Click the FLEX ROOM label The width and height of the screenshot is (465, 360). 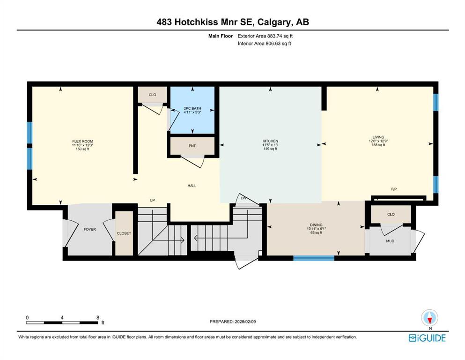(82, 141)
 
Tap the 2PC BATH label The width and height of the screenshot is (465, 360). (192, 108)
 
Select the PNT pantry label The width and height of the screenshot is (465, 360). (192, 146)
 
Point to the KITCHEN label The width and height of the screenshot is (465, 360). (270, 141)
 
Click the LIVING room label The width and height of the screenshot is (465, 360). (378, 137)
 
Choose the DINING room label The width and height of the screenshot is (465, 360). (316, 225)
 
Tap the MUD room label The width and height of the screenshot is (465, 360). (390, 241)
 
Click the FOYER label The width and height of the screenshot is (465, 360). (89, 229)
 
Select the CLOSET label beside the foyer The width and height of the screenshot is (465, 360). (124, 233)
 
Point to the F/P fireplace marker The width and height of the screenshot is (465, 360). (394, 189)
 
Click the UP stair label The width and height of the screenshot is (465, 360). (152, 200)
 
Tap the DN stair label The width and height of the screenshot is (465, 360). (244, 198)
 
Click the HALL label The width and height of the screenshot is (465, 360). (192, 186)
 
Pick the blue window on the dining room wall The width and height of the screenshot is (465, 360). (314, 258)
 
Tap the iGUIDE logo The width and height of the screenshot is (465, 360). (427, 338)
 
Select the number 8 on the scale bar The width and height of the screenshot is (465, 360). (98, 317)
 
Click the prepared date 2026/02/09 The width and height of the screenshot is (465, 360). (245, 322)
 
